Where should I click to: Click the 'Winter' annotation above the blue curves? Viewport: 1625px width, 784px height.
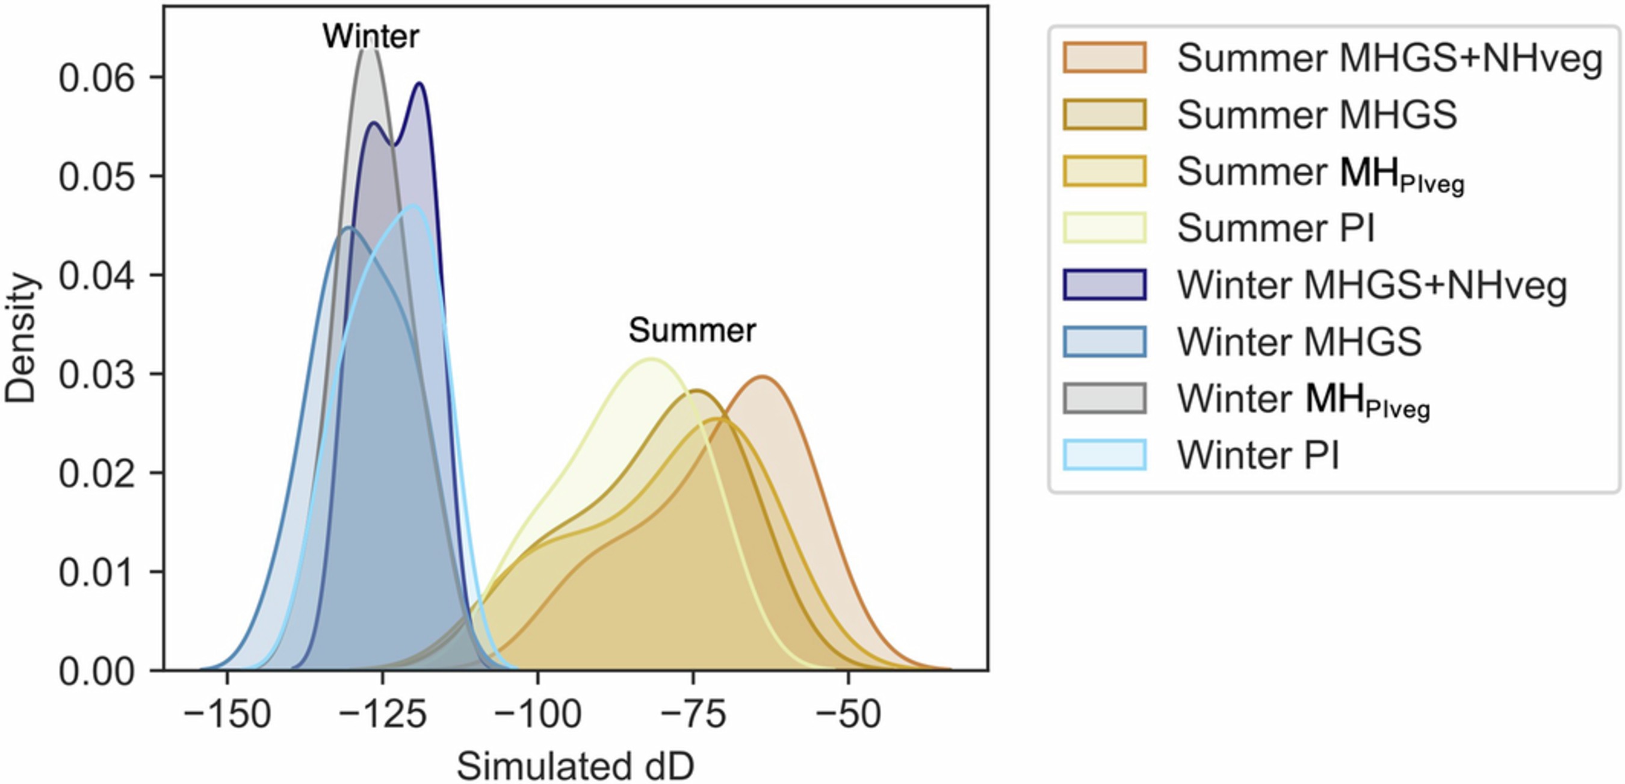[370, 36]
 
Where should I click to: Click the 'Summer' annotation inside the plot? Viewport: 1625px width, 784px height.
[692, 330]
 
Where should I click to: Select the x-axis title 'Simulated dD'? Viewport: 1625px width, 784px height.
[575, 767]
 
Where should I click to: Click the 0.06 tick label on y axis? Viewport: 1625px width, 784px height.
[96, 78]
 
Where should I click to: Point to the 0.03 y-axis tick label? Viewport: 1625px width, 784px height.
[96, 374]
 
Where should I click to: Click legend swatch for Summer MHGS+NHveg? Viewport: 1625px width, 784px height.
[1104, 58]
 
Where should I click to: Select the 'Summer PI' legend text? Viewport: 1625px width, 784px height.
[1275, 227]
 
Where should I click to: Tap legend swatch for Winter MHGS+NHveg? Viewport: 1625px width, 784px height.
[1104, 285]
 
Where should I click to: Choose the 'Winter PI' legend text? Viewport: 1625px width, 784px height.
[1258, 454]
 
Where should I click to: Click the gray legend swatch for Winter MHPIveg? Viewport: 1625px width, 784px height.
[1104, 398]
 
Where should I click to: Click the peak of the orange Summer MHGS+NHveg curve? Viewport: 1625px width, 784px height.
[763, 377]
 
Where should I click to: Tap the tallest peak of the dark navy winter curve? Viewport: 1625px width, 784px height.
[419, 84]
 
